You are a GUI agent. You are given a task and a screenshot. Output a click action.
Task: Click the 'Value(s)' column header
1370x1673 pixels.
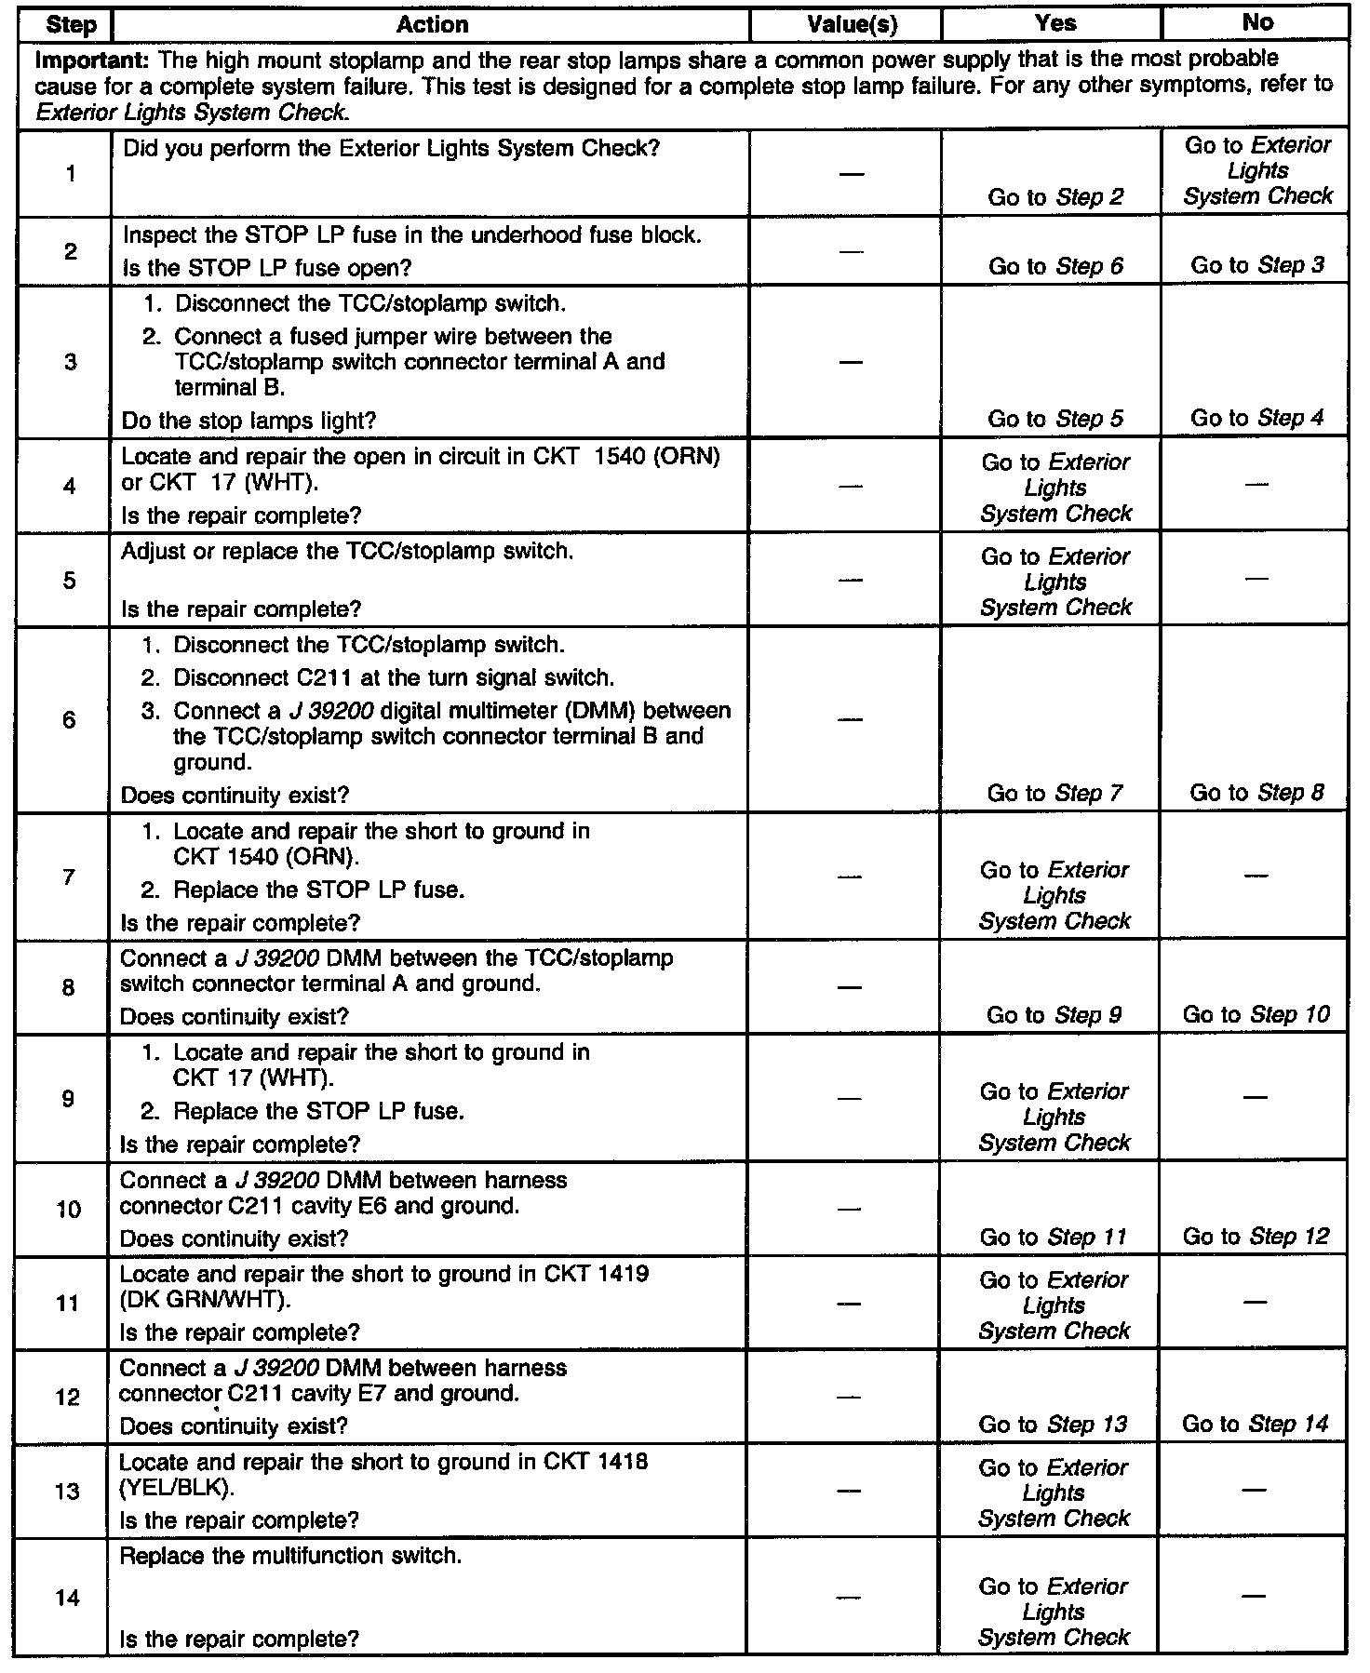(852, 25)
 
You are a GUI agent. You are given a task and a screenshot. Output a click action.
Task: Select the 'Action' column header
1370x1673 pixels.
(432, 25)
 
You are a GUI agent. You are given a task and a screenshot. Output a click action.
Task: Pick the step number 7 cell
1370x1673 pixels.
(68, 877)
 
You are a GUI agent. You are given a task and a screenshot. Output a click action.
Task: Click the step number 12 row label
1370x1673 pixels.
(68, 1397)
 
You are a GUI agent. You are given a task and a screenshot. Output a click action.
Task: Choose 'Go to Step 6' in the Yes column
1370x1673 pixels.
(1055, 267)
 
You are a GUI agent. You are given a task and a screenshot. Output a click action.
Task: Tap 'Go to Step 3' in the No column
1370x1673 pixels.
(1256, 266)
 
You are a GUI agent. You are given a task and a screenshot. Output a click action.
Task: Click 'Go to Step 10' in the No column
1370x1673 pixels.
(1256, 1014)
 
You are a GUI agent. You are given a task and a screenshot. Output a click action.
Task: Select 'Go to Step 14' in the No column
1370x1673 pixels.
(1256, 1424)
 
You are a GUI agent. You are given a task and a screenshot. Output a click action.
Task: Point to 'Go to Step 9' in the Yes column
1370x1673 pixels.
(1054, 1015)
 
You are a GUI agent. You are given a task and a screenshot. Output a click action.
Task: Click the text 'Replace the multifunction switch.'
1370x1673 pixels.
(290, 1556)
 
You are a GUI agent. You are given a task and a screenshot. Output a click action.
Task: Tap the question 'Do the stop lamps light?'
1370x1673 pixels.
(248, 421)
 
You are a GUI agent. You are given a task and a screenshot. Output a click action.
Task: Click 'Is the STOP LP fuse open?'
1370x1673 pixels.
(266, 268)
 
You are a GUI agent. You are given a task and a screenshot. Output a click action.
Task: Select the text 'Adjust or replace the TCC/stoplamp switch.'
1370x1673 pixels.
(346, 552)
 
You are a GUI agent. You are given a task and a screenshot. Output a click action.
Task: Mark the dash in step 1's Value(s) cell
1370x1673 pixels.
(851, 174)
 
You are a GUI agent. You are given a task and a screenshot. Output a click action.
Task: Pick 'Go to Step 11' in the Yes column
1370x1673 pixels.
(1053, 1238)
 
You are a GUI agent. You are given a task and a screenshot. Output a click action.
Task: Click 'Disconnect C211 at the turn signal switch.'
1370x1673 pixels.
(394, 677)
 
